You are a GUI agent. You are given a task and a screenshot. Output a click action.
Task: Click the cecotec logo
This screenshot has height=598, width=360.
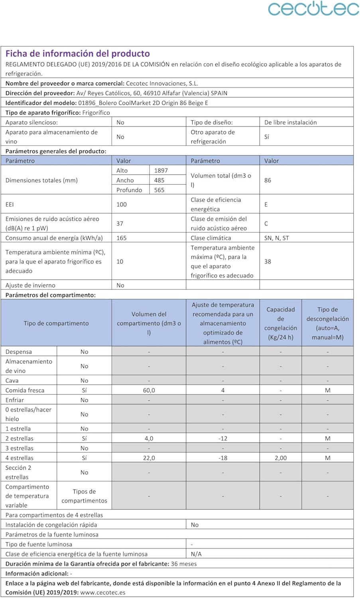tap(313, 9)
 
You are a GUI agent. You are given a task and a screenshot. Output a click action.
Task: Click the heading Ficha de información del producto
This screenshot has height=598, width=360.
tap(78, 53)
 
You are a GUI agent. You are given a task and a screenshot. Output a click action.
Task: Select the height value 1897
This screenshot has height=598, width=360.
tap(161, 170)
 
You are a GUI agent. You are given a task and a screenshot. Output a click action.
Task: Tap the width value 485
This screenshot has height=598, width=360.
tap(159, 180)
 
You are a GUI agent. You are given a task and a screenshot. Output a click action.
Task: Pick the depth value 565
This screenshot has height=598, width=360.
tap(159, 190)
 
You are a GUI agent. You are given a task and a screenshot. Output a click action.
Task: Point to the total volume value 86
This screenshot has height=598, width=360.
tap(268, 180)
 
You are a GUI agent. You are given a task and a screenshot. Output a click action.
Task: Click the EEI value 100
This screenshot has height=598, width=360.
tap(122, 205)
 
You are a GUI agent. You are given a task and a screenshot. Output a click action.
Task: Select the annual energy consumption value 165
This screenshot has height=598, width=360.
tap(122, 238)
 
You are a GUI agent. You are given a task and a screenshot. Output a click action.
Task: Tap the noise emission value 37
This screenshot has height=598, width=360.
tap(120, 224)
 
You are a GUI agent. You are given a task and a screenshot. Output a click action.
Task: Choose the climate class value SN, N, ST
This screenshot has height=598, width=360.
tap(277, 238)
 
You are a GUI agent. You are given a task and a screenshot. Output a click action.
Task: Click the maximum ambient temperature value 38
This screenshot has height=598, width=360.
tap(268, 262)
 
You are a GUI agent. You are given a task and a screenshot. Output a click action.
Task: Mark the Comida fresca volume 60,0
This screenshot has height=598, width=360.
tap(149, 390)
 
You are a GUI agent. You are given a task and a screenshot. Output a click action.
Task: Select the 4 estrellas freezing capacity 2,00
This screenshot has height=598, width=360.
tap(281, 458)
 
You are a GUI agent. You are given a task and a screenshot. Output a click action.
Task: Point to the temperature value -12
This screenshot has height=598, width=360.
tap(223, 439)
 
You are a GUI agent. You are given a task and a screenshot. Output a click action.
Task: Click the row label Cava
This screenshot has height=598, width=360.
tap(12, 381)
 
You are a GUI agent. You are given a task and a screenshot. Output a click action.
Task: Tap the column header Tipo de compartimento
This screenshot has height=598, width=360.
tap(56, 323)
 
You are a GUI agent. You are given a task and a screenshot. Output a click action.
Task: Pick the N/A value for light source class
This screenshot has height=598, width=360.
tap(196, 554)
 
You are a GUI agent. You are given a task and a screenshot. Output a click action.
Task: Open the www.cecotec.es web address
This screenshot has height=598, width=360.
tap(103, 592)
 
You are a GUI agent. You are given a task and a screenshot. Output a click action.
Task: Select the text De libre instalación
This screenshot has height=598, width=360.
tap(290, 122)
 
